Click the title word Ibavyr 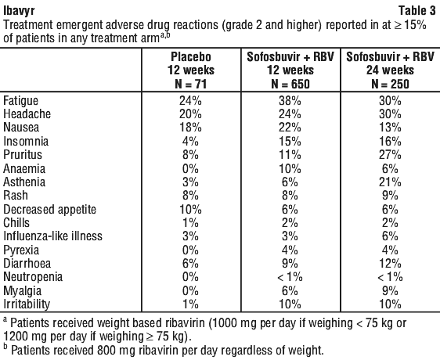[19, 11]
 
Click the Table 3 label [417, 11]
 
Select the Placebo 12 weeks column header [191, 70]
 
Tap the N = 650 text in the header [290, 84]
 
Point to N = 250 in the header [390, 84]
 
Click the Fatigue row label [21, 101]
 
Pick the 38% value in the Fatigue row [290, 100]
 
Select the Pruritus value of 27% [390, 155]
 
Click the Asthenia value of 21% [390, 182]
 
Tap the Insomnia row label [26, 141]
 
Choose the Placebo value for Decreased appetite [190, 209]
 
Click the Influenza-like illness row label [52, 236]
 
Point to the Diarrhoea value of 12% [391, 264]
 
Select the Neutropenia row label [33, 277]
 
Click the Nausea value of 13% [391, 128]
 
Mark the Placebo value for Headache [190, 114]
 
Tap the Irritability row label [27, 304]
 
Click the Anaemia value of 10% [290, 168]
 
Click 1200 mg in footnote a [23, 337]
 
